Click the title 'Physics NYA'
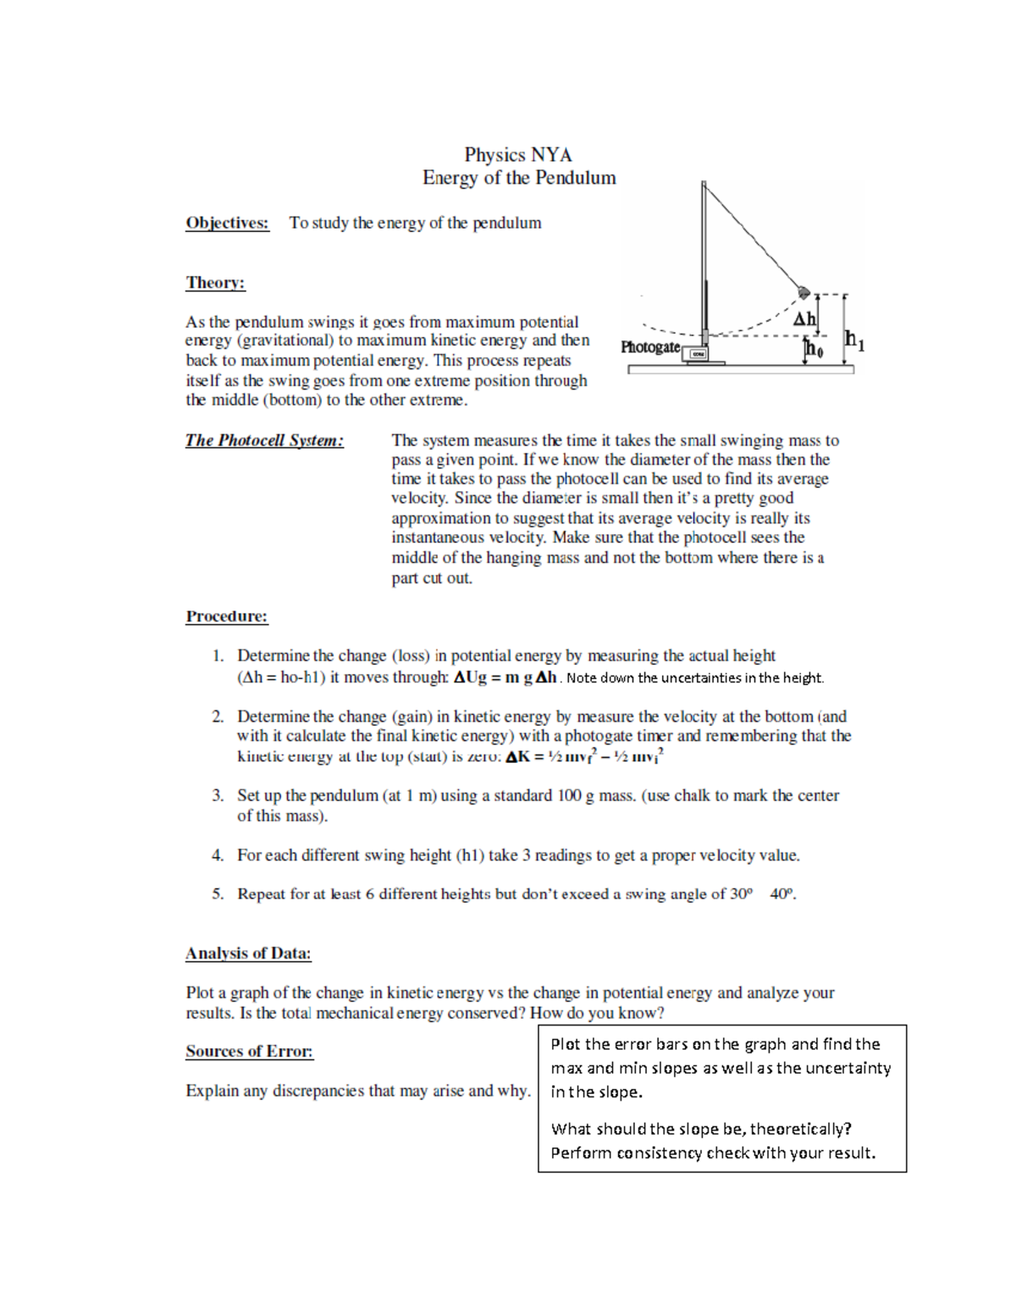pyautogui.click(x=517, y=155)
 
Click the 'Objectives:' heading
pyautogui.click(x=227, y=223)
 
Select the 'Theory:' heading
pyautogui.click(x=215, y=283)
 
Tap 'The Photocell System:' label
pyautogui.click(x=264, y=440)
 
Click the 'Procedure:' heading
pyautogui.click(x=226, y=616)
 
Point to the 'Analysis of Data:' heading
pyautogui.click(x=248, y=953)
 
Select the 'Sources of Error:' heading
pyautogui.click(x=249, y=1052)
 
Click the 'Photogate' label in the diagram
pyautogui.click(x=649, y=347)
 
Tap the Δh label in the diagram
pyautogui.click(x=803, y=319)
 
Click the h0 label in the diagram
pyautogui.click(x=814, y=348)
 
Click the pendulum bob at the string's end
pyautogui.click(x=803, y=293)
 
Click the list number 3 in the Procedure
pyautogui.click(x=218, y=796)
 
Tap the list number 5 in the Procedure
pyautogui.click(x=218, y=894)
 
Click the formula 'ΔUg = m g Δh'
pyautogui.click(x=505, y=677)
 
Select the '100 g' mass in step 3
pyautogui.click(x=575, y=796)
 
